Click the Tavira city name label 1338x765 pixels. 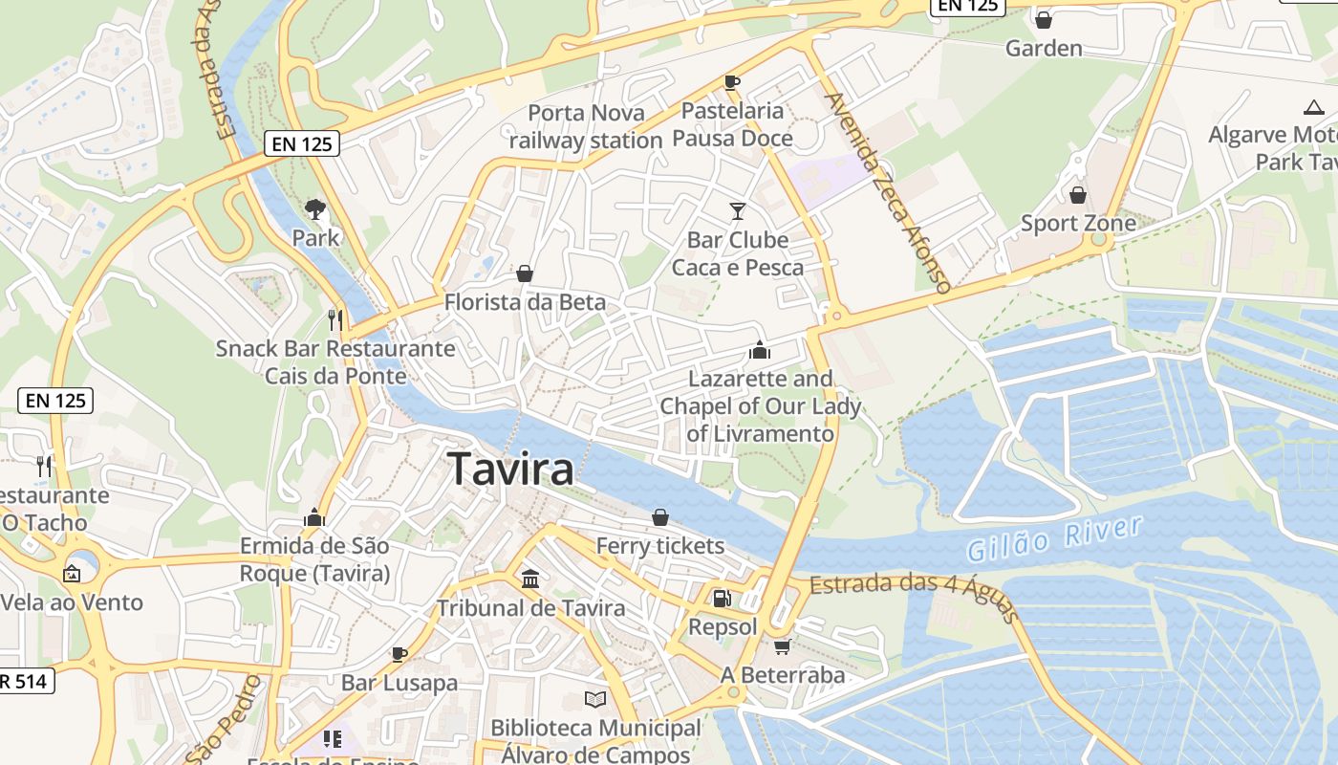tap(511, 469)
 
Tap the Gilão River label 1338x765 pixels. tap(1054, 538)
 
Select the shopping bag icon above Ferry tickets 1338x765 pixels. tap(659, 517)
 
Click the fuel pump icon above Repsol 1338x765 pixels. tap(723, 599)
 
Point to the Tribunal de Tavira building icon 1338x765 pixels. tap(530, 579)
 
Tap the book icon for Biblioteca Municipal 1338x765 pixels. tap(595, 699)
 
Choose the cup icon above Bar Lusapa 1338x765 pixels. tap(399, 654)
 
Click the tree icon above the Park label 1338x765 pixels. tap(314, 208)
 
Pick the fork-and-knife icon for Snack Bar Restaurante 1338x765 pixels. tap(334, 319)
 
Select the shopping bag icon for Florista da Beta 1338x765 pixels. tap(525, 274)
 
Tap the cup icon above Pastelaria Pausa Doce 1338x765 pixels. tap(732, 82)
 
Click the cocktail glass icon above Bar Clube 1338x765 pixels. tap(737, 210)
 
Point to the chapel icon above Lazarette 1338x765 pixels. tap(760, 350)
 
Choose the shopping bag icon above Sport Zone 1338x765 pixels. tap(1078, 195)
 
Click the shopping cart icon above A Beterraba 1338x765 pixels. tap(783, 647)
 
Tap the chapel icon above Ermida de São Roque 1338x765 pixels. tap(314, 517)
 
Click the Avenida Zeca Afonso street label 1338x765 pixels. tap(888, 192)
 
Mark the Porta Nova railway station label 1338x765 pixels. tap(586, 126)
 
